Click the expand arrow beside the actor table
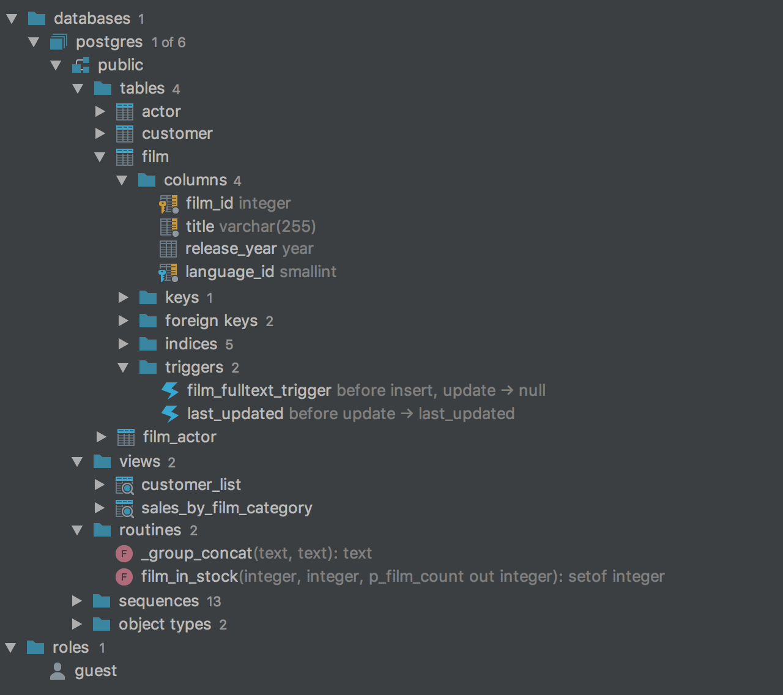100,111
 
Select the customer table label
177,133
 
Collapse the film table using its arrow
100,157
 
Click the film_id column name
209,203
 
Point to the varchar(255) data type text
267,226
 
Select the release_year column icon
168,249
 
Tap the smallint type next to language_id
308,272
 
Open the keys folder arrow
123,297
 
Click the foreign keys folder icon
148,321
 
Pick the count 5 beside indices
229,344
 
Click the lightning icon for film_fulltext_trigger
170,390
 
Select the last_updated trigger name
235,414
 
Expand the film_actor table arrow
101,437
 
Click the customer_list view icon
125,485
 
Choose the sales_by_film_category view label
226,508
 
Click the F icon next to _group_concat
124,554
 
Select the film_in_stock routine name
189,576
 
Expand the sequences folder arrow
77,601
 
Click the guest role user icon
58,671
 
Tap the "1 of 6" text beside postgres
168,42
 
